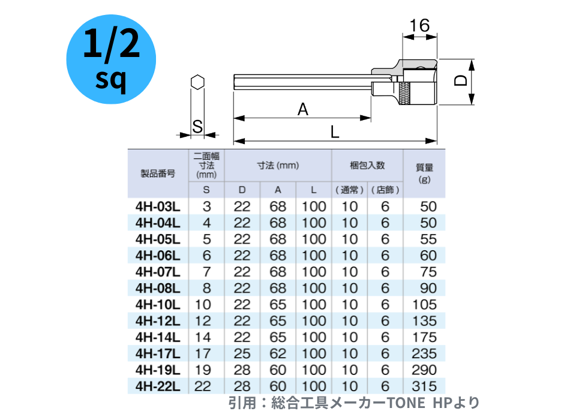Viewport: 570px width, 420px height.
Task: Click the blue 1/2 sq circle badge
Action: pos(111,59)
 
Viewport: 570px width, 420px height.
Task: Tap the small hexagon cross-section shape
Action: pos(197,82)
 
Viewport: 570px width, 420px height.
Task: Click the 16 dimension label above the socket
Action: pos(419,25)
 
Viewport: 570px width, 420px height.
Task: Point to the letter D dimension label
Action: pos(461,80)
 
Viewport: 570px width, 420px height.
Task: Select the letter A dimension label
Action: pos(303,109)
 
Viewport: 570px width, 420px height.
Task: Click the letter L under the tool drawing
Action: pos(334,131)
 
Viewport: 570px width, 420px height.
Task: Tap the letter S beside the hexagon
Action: pos(197,127)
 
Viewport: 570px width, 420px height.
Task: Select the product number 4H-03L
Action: pos(158,206)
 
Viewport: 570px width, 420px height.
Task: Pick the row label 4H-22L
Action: pos(158,386)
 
